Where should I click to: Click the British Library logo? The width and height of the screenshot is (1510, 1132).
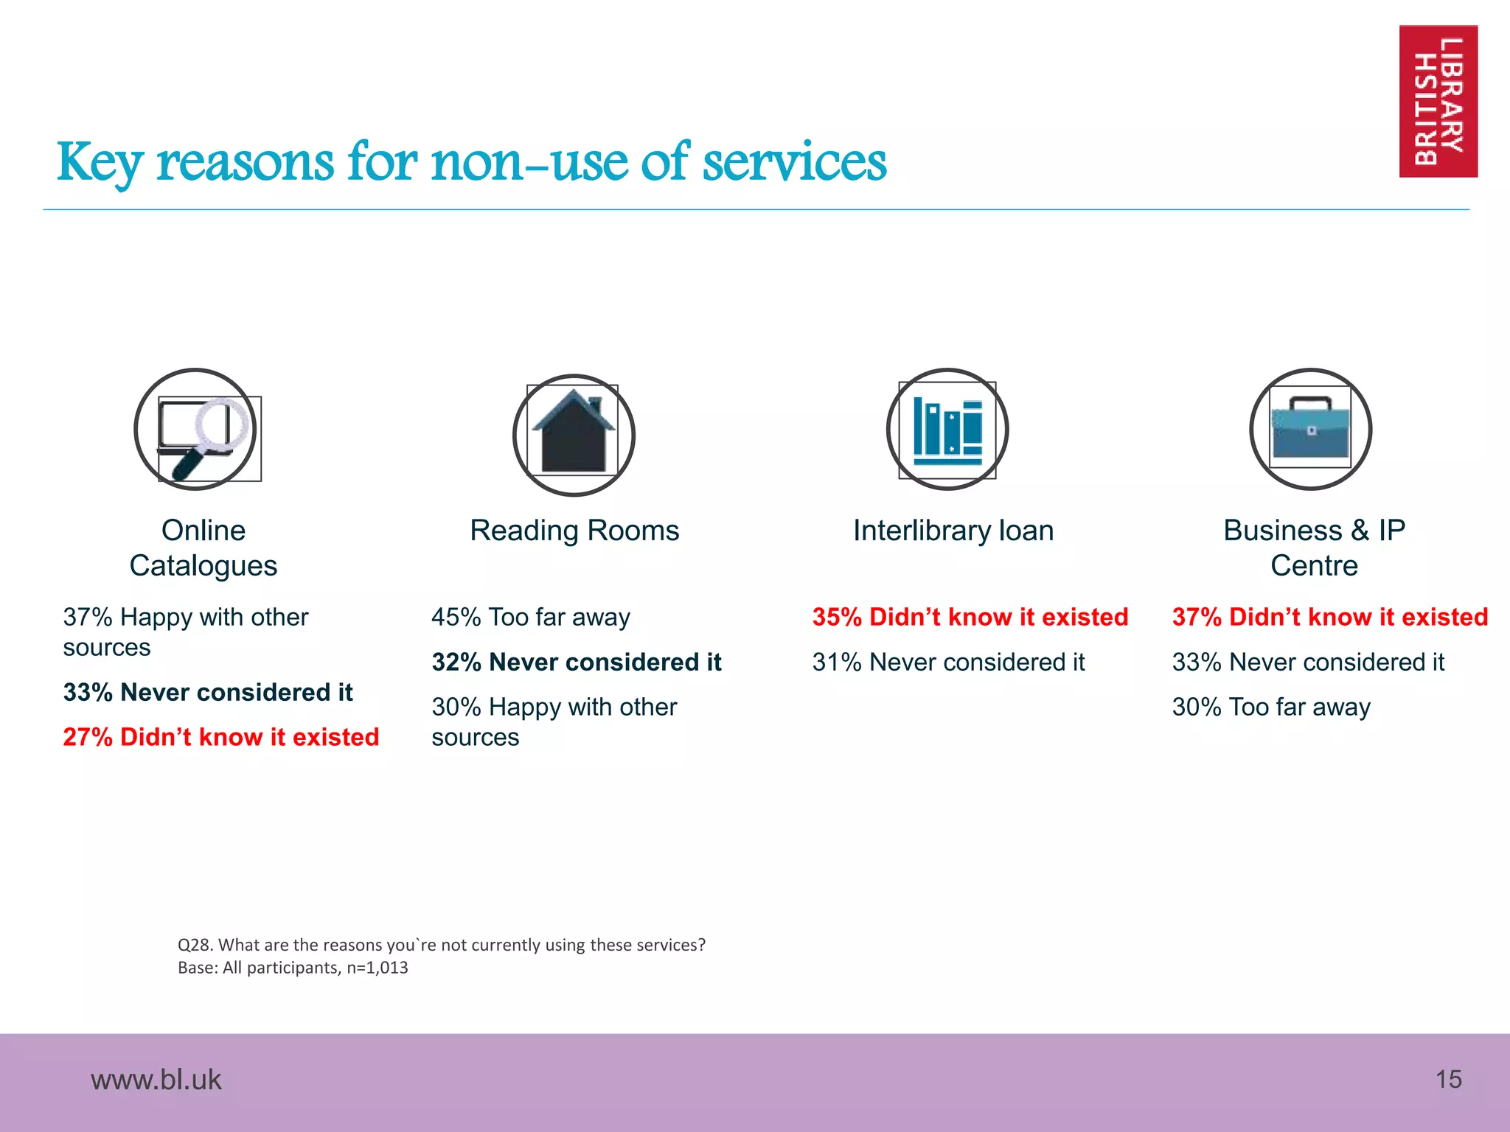coord(1438,101)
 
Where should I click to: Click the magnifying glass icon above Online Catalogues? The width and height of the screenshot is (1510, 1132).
coord(196,430)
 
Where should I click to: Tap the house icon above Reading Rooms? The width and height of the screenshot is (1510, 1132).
coord(574,435)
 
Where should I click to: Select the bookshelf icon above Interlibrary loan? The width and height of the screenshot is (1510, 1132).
coord(947,430)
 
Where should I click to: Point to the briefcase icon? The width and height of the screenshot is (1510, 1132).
coord(1311,430)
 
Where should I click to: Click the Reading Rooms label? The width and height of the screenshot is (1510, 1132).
coord(574,531)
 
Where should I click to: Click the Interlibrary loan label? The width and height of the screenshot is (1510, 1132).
coord(953,531)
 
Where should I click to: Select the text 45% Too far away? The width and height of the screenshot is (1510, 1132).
coord(531,617)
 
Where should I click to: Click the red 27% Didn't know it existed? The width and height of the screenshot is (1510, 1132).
coord(220,737)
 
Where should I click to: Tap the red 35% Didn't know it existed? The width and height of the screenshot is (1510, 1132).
coord(970,617)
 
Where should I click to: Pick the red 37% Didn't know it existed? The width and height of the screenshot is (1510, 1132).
coord(1330,617)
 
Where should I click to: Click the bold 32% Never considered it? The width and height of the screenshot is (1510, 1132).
coord(576,662)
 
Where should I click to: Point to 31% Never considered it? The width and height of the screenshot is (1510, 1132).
coord(948,662)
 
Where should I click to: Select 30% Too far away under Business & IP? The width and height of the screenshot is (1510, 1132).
coord(1271,707)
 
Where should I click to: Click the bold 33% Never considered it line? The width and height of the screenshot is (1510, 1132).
coord(208,692)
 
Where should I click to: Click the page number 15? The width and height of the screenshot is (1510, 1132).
coord(1448,1080)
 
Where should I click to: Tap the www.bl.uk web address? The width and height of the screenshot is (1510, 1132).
coord(156,1080)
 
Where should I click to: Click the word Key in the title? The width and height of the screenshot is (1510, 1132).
coord(100,162)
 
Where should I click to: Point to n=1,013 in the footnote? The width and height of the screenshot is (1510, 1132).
coord(377,968)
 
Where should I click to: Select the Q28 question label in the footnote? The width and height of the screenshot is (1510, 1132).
coord(195,945)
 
